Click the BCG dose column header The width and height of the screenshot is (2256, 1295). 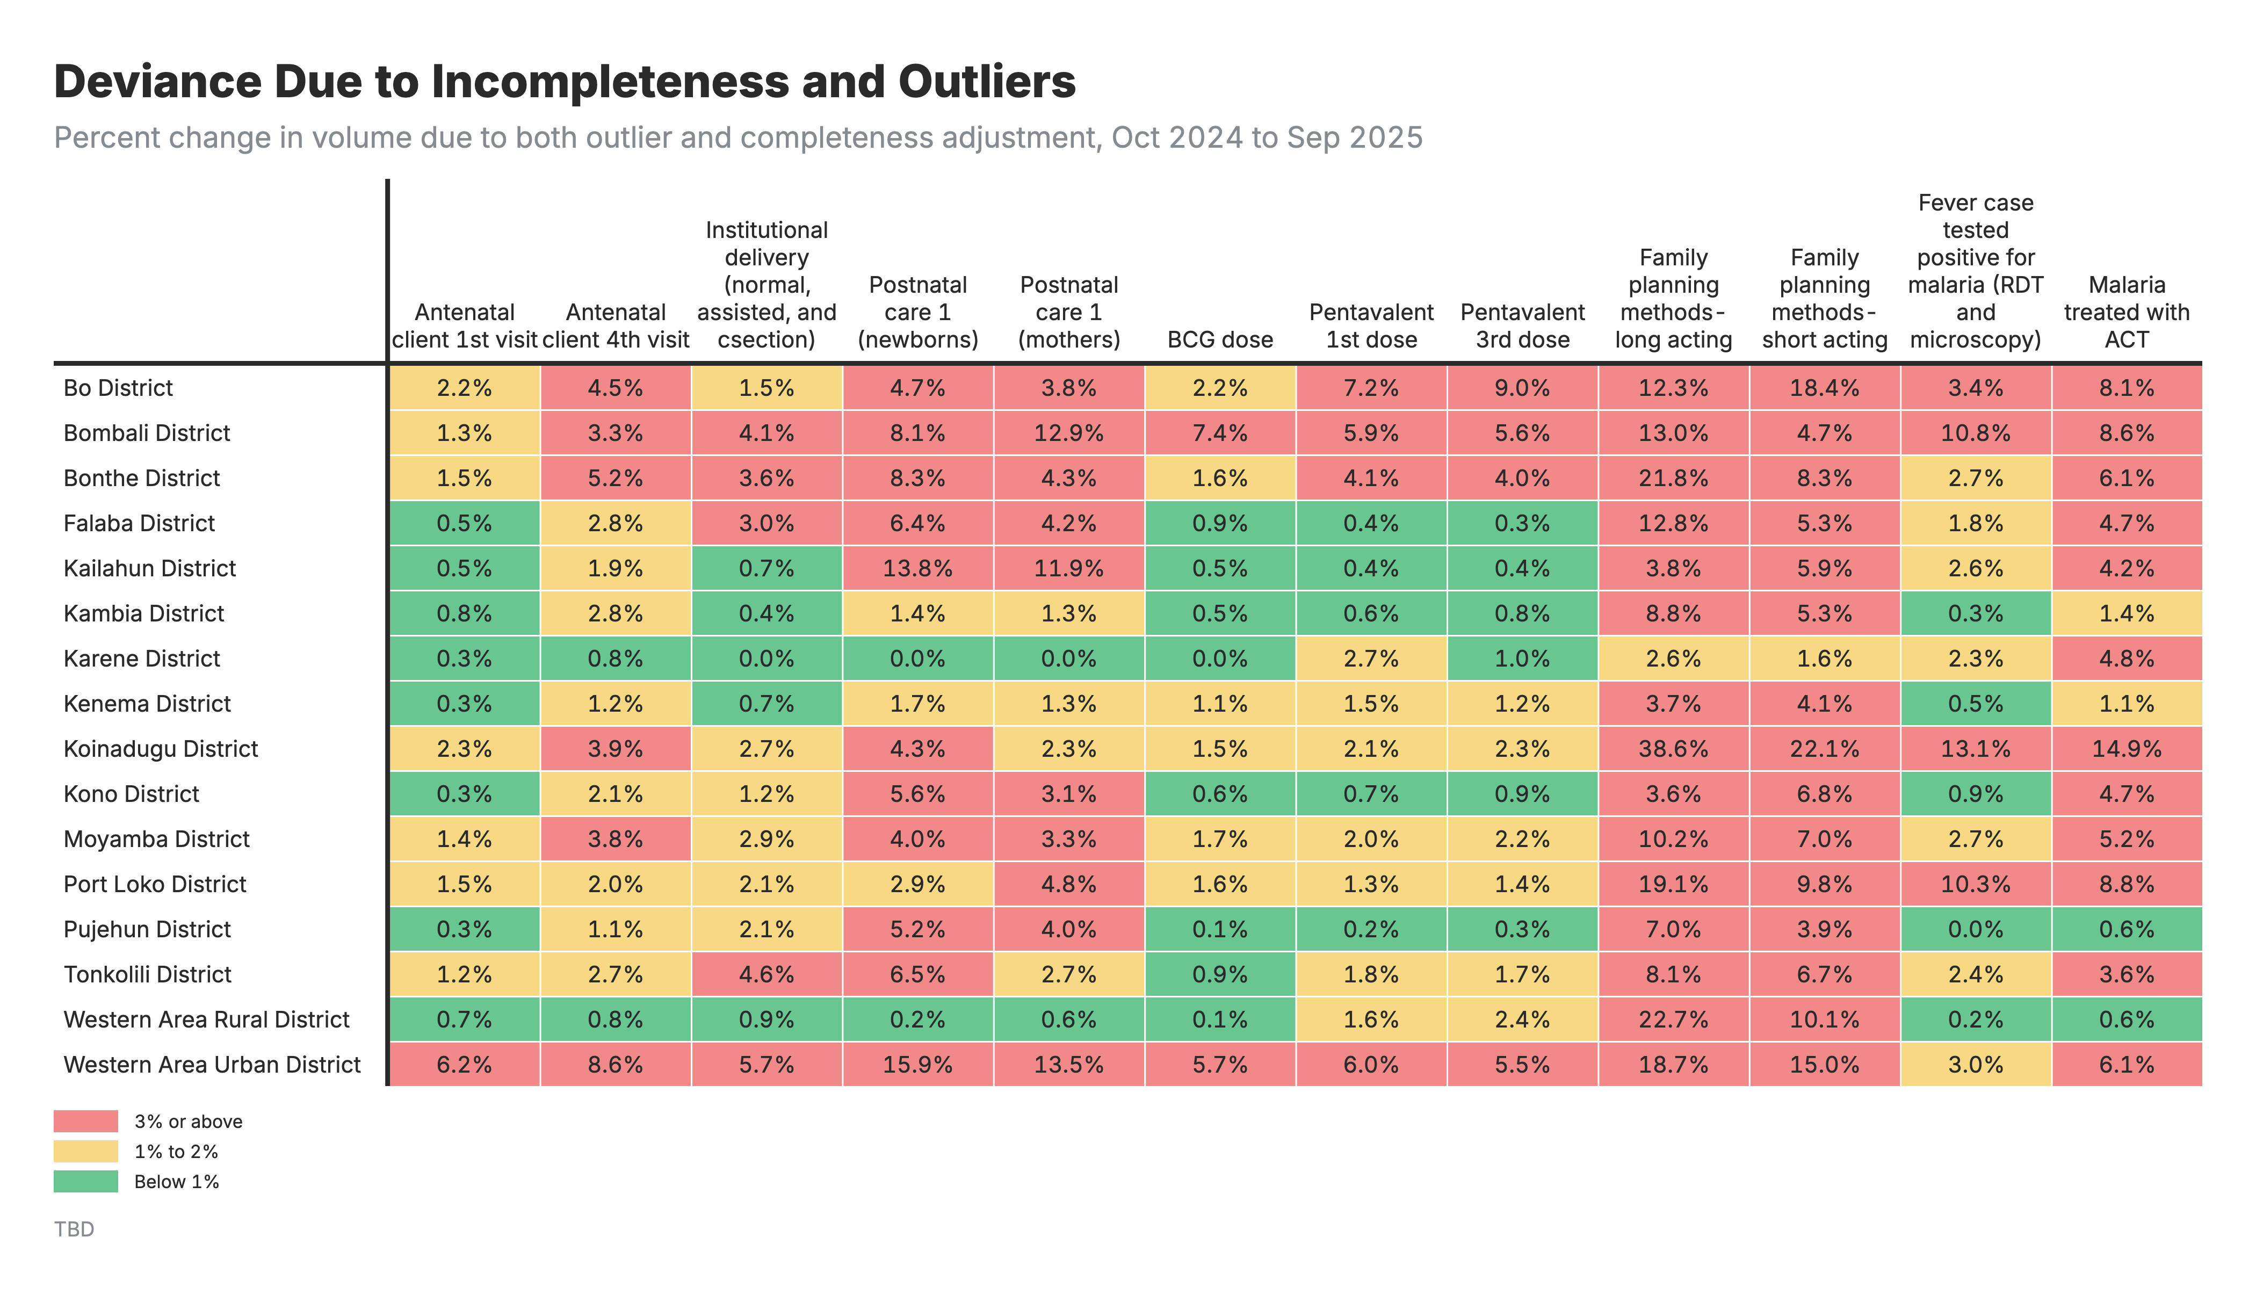[1219, 340]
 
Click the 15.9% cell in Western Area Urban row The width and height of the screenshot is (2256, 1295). [917, 1065]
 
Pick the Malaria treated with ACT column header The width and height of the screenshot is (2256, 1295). [2126, 312]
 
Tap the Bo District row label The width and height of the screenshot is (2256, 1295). [118, 388]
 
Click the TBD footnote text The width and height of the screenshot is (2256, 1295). [74, 1229]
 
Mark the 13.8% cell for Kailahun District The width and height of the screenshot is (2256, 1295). [917, 568]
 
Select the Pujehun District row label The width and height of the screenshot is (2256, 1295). [147, 929]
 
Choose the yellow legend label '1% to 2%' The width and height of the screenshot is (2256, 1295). [176, 1152]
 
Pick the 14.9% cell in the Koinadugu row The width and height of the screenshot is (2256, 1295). [2126, 749]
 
